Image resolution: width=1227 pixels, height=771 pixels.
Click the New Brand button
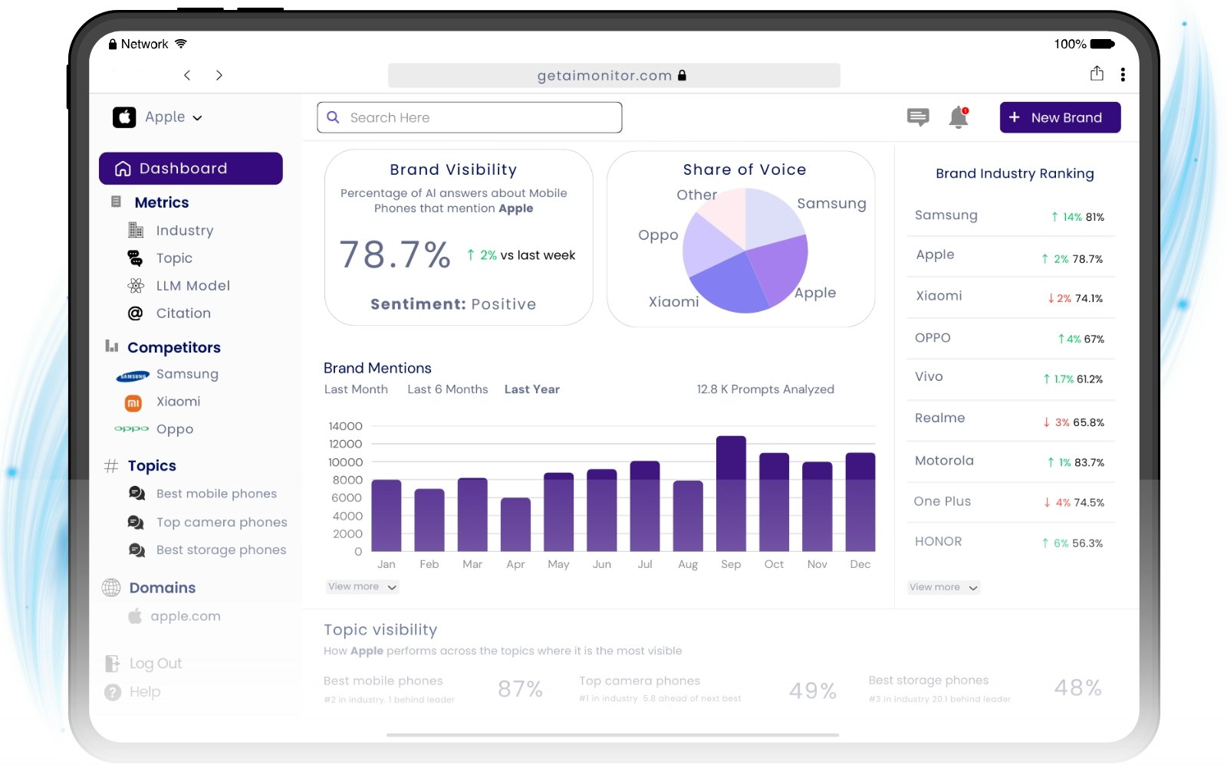coord(1059,117)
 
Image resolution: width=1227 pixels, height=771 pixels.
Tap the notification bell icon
coord(959,117)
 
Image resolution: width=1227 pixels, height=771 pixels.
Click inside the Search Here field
coord(469,117)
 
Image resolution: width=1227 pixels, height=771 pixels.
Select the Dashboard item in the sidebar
coord(191,169)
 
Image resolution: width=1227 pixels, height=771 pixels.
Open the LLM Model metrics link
coord(192,286)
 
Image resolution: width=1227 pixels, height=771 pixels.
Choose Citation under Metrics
coord(183,313)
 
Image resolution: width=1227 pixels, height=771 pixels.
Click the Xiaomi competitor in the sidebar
coord(178,402)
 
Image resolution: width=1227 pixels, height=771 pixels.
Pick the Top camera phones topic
coord(221,522)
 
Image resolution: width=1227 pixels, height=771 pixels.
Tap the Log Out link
coord(155,664)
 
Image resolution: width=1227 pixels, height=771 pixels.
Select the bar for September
coord(731,494)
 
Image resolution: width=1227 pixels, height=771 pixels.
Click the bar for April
coord(515,524)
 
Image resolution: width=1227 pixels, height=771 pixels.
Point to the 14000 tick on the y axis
coord(345,426)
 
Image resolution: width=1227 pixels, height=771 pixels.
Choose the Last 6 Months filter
coord(447,389)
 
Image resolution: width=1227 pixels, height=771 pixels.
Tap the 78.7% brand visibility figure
coord(395,254)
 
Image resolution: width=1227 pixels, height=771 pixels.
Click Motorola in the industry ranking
coord(944,461)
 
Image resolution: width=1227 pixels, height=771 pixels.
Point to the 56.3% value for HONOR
coord(1087,543)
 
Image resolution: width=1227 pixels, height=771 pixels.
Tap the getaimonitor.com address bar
coord(613,75)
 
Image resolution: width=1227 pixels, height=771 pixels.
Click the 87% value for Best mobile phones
coord(520,689)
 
